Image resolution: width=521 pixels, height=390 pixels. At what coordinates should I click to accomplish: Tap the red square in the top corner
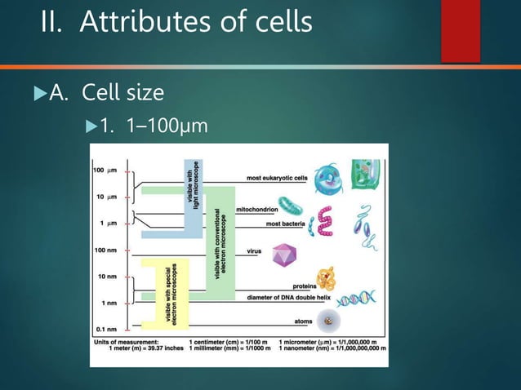(x=460, y=30)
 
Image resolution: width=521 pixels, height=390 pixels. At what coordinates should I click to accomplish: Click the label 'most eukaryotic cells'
(x=276, y=177)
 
